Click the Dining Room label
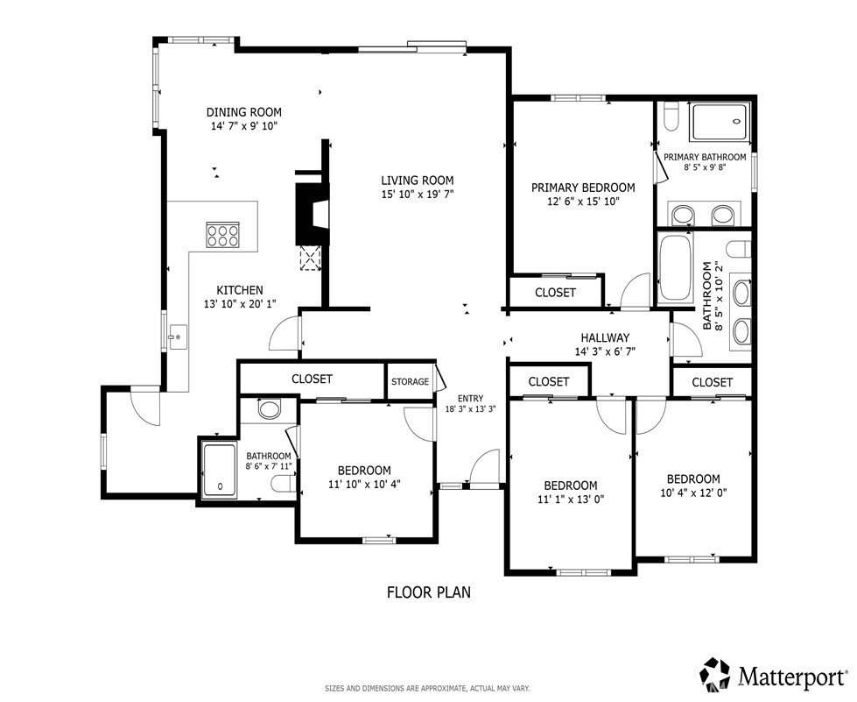243,112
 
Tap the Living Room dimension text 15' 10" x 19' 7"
418,194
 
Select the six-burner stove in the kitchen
222,235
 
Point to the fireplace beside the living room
313,215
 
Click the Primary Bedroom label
583,188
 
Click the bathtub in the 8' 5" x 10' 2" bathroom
676,267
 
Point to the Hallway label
605,338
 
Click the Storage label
410,381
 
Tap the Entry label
471,399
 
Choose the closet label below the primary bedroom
555,293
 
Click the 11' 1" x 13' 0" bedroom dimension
571,499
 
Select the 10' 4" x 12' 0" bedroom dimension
693,493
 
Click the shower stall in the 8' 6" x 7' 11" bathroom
220,470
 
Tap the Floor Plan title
429,592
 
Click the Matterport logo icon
717,675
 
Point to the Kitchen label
240,291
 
